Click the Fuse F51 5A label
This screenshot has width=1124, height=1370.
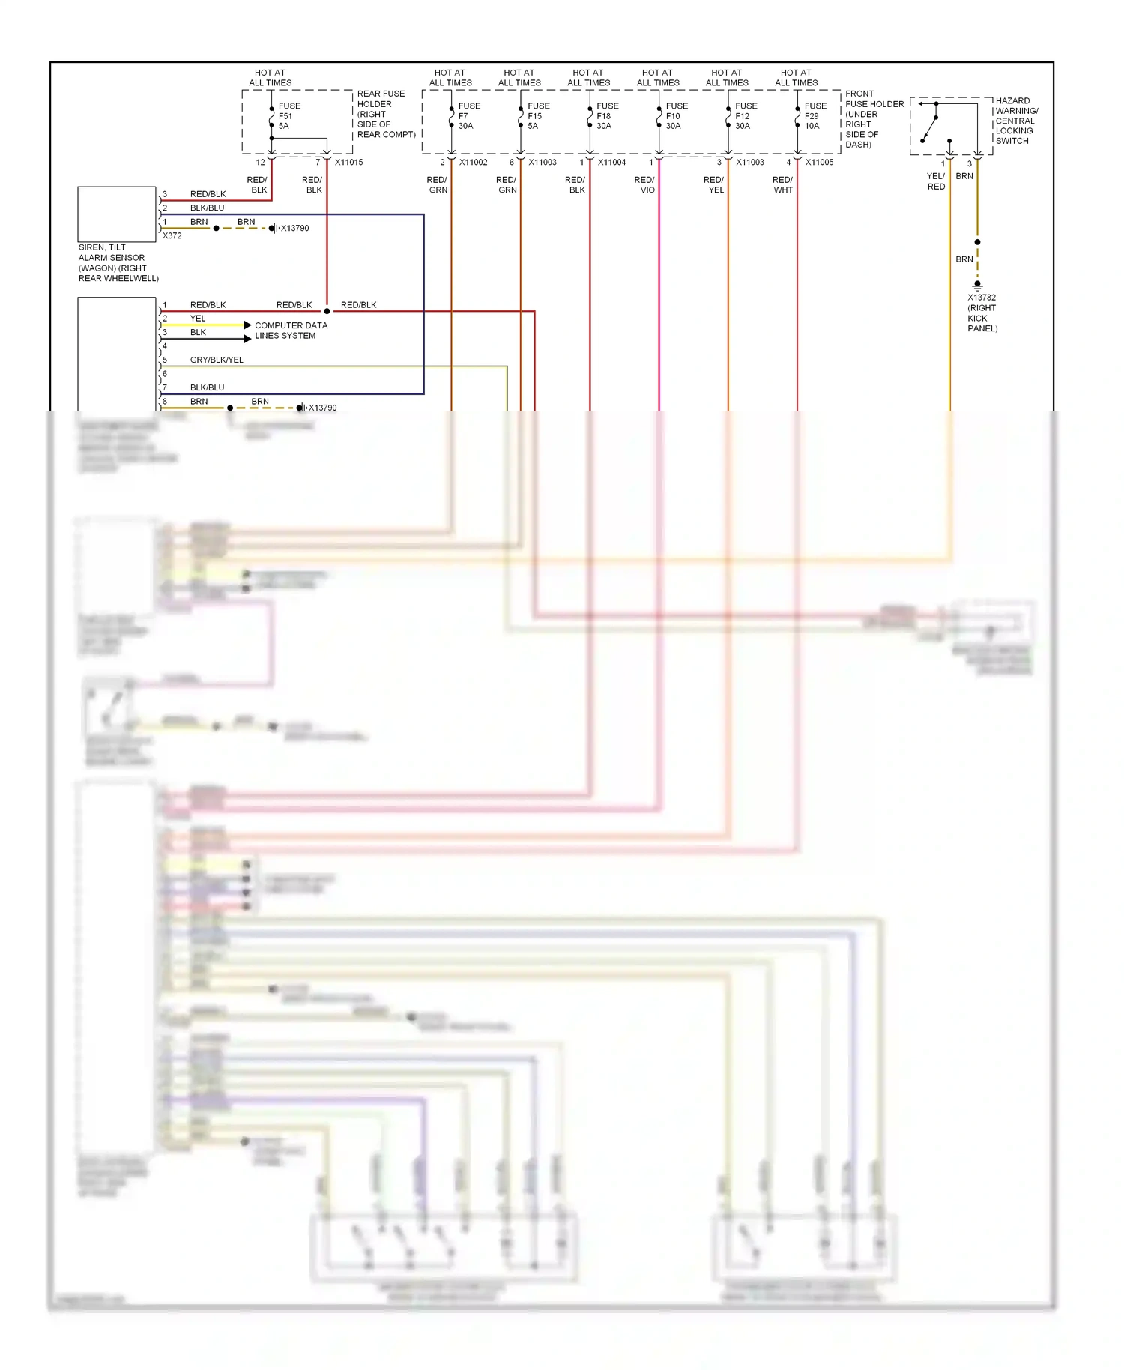click(288, 116)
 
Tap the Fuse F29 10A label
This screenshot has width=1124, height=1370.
click(815, 116)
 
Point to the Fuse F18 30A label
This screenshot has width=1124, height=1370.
click(607, 116)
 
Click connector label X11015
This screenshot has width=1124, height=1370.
click(349, 163)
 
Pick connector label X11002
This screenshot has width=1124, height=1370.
click(474, 163)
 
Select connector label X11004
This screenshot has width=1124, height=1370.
click(611, 163)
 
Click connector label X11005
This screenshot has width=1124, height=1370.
click(819, 163)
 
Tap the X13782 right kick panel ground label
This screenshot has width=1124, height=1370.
click(982, 313)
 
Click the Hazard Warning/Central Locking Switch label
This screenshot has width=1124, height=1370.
click(1016, 121)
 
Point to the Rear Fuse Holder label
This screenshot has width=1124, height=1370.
click(385, 114)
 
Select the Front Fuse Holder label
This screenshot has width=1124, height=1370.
click(874, 119)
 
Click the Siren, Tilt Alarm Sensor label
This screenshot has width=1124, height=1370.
click(118, 263)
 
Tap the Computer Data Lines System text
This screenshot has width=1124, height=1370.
click(291, 331)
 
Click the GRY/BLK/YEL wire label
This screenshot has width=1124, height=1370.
click(217, 360)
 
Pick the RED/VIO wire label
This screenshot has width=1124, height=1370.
click(645, 185)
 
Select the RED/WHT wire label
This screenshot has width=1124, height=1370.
click(783, 185)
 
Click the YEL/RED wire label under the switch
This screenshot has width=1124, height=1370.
click(936, 181)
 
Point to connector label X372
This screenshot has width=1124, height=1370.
click(172, 236)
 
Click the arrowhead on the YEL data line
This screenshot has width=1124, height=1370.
click(247, 325)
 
